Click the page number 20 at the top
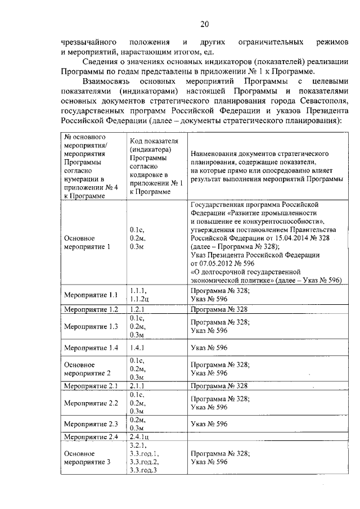click(204, 24)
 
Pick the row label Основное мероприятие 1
click(87, 242)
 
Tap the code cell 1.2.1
click(138, 309)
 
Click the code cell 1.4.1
click(138, 348)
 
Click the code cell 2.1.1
click(138, 386)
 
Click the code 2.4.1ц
click(140, 437)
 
